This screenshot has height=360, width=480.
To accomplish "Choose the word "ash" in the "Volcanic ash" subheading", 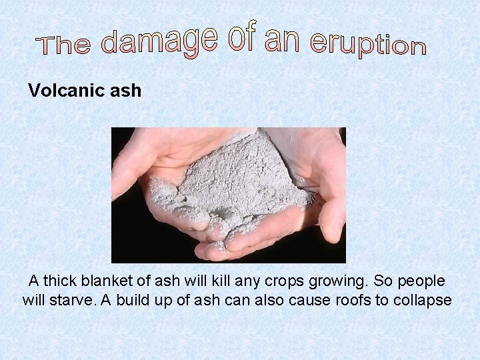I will (123, 91).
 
